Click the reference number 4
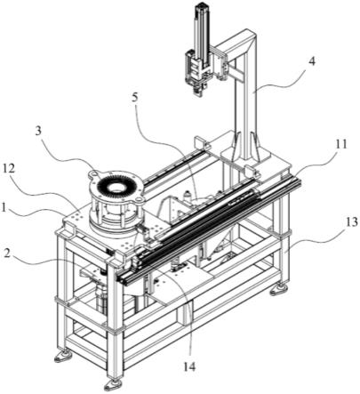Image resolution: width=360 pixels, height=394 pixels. click(x=311, y=62)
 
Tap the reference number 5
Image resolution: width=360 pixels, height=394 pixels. click(x=135, y=98)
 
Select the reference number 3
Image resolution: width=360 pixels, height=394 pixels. click(x=38, y=132)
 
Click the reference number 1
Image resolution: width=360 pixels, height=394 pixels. click(x=4, y=208)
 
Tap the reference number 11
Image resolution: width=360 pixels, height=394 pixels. click(x=341, y=145)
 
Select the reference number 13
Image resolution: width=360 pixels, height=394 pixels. click(x=352, y=222)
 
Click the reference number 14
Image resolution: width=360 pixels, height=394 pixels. click(x=189, y=366)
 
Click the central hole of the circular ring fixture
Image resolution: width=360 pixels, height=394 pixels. click(x=115, y=187)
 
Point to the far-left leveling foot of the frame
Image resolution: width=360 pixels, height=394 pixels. click(x=63, y=356)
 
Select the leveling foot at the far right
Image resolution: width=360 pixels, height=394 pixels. click(x=279, y=290)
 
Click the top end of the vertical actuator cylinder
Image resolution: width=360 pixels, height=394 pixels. click(x=202, y=6)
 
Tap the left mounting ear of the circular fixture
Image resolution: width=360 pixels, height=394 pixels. click(x=94, y=173)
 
